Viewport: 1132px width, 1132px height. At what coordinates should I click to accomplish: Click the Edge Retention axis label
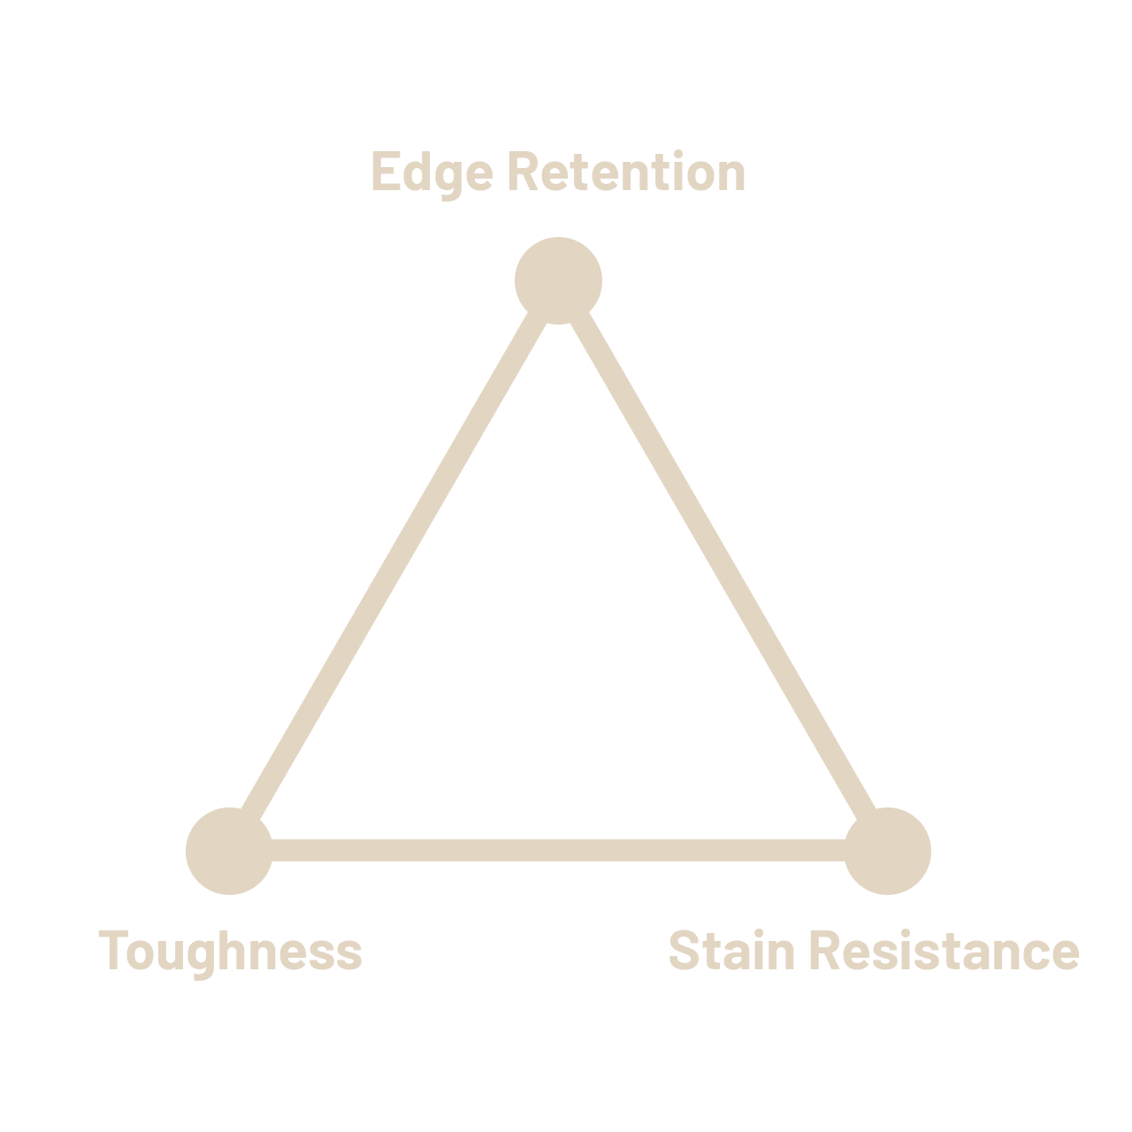[x=558, y=172]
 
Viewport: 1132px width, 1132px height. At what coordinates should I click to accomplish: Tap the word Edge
[x=432, y=172]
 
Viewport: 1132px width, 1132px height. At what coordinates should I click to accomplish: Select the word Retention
[x=626, y=172]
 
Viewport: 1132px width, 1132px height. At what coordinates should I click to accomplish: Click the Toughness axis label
[x=230, y=951]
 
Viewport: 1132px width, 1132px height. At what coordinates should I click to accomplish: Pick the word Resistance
[x=945, y=951]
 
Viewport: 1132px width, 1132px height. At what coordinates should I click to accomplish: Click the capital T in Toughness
[x=111, y=951]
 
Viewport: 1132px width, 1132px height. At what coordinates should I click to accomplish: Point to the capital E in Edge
[x=384, y=172]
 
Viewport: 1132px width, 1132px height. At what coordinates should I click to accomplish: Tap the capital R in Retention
[x=522, y=172]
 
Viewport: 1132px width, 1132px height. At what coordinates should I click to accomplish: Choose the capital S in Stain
[x=684, y=951]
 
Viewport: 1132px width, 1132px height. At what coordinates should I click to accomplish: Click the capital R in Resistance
[x=825, y=951]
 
